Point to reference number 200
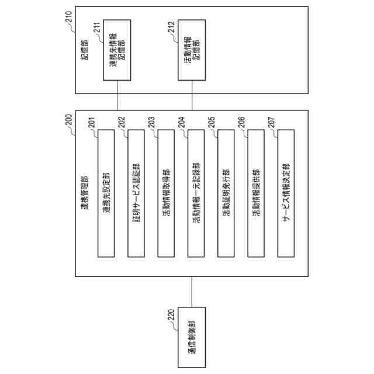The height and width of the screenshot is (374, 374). point(69,119)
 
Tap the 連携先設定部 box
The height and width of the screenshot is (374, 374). point(106,193)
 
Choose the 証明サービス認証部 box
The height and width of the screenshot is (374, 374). point(136,193)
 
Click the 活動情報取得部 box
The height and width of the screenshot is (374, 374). point(166,193)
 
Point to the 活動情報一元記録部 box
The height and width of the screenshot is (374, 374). point(196,193)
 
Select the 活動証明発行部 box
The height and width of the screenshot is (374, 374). point(226,193)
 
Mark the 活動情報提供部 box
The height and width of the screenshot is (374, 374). point(256,193)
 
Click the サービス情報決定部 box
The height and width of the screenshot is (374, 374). point(286,193)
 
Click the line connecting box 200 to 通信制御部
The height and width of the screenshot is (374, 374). point(192,292)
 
